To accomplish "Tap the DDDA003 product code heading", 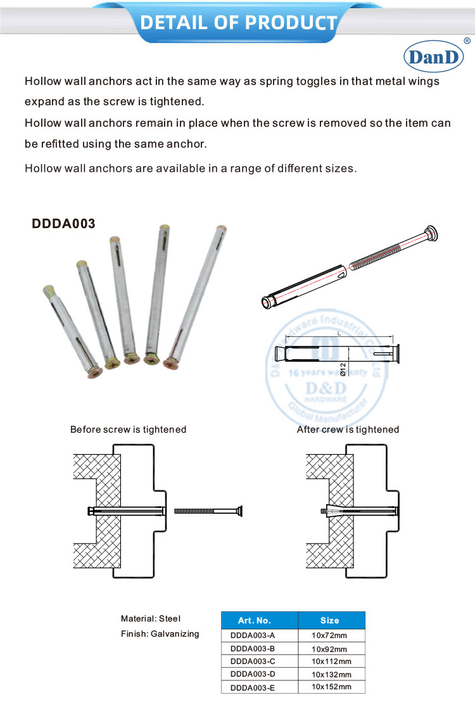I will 63,224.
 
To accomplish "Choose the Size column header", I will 330,620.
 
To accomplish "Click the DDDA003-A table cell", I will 253,635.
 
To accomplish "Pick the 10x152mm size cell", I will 330,687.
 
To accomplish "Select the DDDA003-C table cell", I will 253,661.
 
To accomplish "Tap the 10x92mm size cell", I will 329,649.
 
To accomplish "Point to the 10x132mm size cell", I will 330,674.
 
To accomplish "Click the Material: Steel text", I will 151,618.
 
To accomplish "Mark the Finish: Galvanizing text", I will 160,633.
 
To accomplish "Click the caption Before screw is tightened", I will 128,429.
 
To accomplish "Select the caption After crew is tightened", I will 348,429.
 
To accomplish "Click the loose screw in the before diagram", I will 209,511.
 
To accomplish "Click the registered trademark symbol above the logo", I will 467,41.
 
